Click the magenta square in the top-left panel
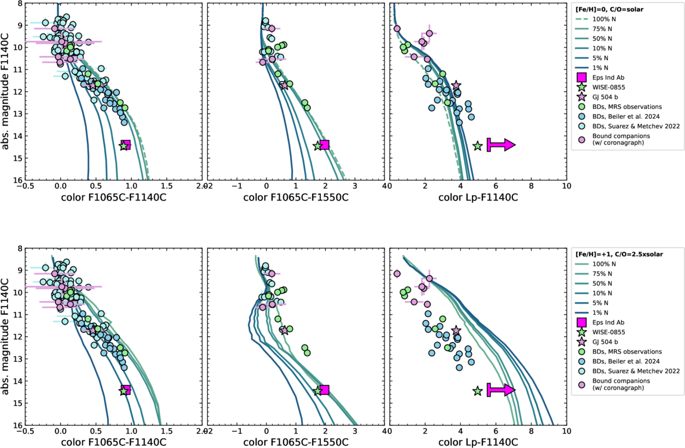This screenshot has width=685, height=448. (x=126, y=145)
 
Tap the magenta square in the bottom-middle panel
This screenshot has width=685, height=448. (x=324, y=390)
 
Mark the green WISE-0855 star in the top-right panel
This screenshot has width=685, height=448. (x=478, y=146)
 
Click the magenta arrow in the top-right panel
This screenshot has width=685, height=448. (x=501, y=145)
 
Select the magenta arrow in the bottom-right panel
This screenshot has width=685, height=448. (x=501, y=390)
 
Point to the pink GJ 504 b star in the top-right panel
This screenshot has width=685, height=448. (x=456, y=85)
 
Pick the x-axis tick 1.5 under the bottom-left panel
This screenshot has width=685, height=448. (x=166, y=431)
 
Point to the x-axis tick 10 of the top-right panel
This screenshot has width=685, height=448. (x=566, y=186)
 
